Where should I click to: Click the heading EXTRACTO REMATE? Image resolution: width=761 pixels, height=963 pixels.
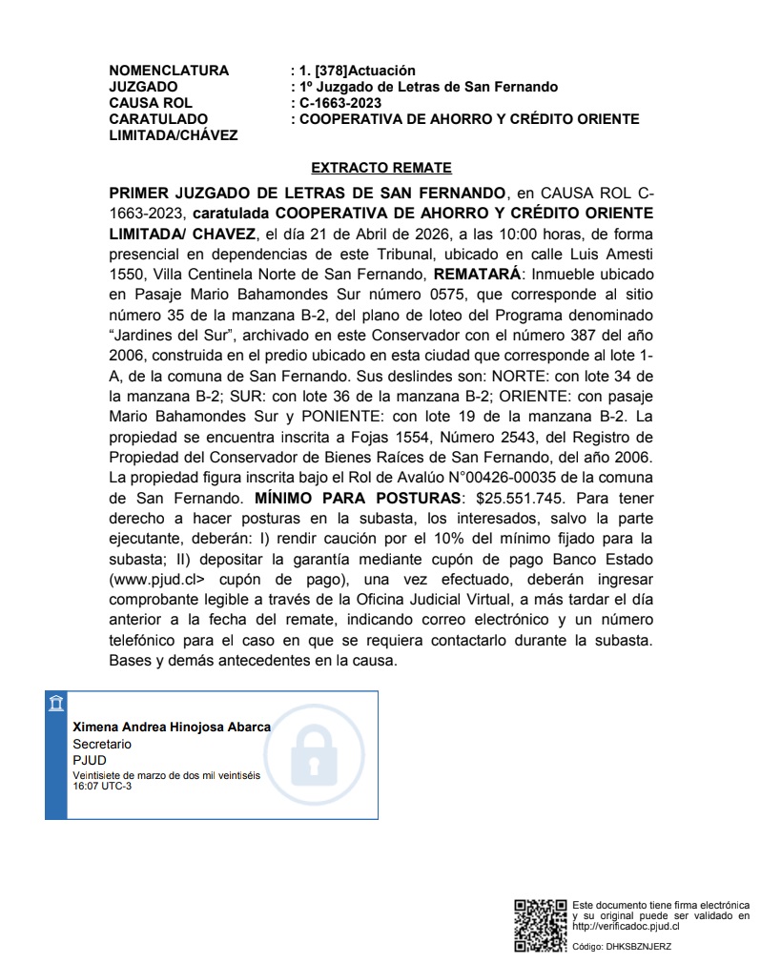point(380,168)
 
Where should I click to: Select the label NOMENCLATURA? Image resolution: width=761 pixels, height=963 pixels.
point(169,71)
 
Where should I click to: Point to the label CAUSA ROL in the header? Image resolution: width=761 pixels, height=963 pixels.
point(151,103)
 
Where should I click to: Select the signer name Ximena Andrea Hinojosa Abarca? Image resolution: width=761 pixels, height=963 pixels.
point(172,727)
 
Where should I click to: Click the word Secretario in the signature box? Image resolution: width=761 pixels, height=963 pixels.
point(102,743)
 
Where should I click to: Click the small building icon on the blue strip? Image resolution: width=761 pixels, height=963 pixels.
point(56,704)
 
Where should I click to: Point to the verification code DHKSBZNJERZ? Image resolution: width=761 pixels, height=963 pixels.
point(639,947)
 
